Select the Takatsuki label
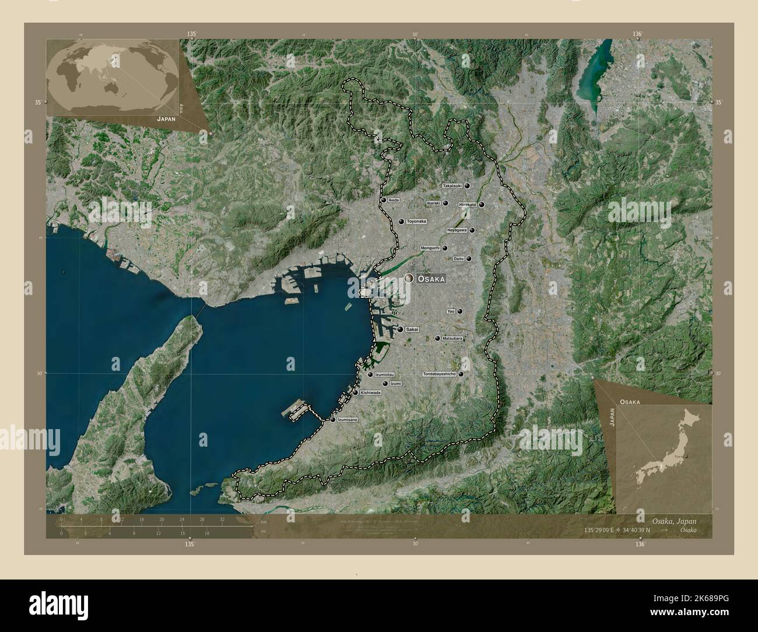(x=452, y=186)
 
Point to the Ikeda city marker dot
(x=383, y=200)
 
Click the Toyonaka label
(x=417, y=222)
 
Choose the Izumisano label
(x=348, y=420)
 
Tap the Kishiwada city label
(x=371, y=393)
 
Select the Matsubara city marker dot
(x=437, y=338)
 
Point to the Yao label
(x=451, y=311)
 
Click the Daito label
(x=458, y=259)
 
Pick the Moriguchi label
(x=430, y=248)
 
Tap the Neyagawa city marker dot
(x=472, y=230)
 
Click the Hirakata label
(x=468, y=205)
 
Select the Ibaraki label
(x=433, y=203)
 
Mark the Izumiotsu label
(x=385, y=374)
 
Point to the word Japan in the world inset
(x=166, y=118)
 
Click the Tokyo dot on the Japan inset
(x=686, y=457)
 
